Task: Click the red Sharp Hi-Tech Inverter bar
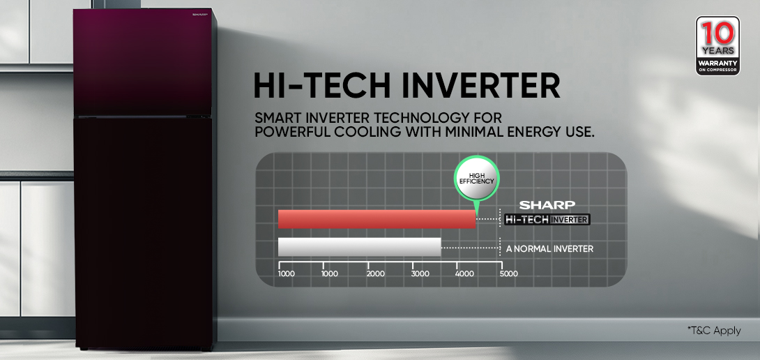(377, 219)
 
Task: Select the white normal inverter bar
(359, 247)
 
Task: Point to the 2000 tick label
(376, 273)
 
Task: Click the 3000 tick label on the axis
(420, 273)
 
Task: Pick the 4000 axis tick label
(465, 273)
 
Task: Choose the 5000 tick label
(509, 273)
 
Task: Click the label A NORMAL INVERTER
(549, 249)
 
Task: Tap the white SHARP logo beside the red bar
(547, 204)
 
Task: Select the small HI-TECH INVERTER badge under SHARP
(547, 220)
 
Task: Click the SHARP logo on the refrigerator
(199, 15)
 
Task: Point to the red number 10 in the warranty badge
(718, 34)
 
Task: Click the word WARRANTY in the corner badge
(718, 63)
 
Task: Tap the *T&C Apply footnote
(714, 331)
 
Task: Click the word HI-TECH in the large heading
(322, 87)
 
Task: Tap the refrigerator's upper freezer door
(144, 62)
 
